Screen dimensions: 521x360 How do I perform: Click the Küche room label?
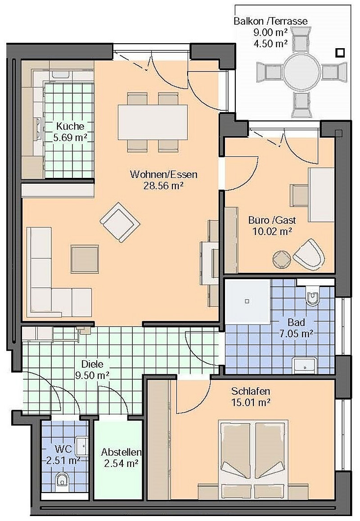tap(67, 126)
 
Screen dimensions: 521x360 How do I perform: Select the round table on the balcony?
tap(301, 71)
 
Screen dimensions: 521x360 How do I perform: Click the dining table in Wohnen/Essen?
tap(153, 122)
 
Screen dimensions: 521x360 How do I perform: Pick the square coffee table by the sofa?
tap(85, 258)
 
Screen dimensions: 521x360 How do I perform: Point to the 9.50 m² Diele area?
tap(92, 374)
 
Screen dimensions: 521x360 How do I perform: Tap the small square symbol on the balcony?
tap(341, 53)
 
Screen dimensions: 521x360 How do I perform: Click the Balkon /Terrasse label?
tap(270, 21)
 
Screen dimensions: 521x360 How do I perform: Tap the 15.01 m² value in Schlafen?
tap(251, 402)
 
